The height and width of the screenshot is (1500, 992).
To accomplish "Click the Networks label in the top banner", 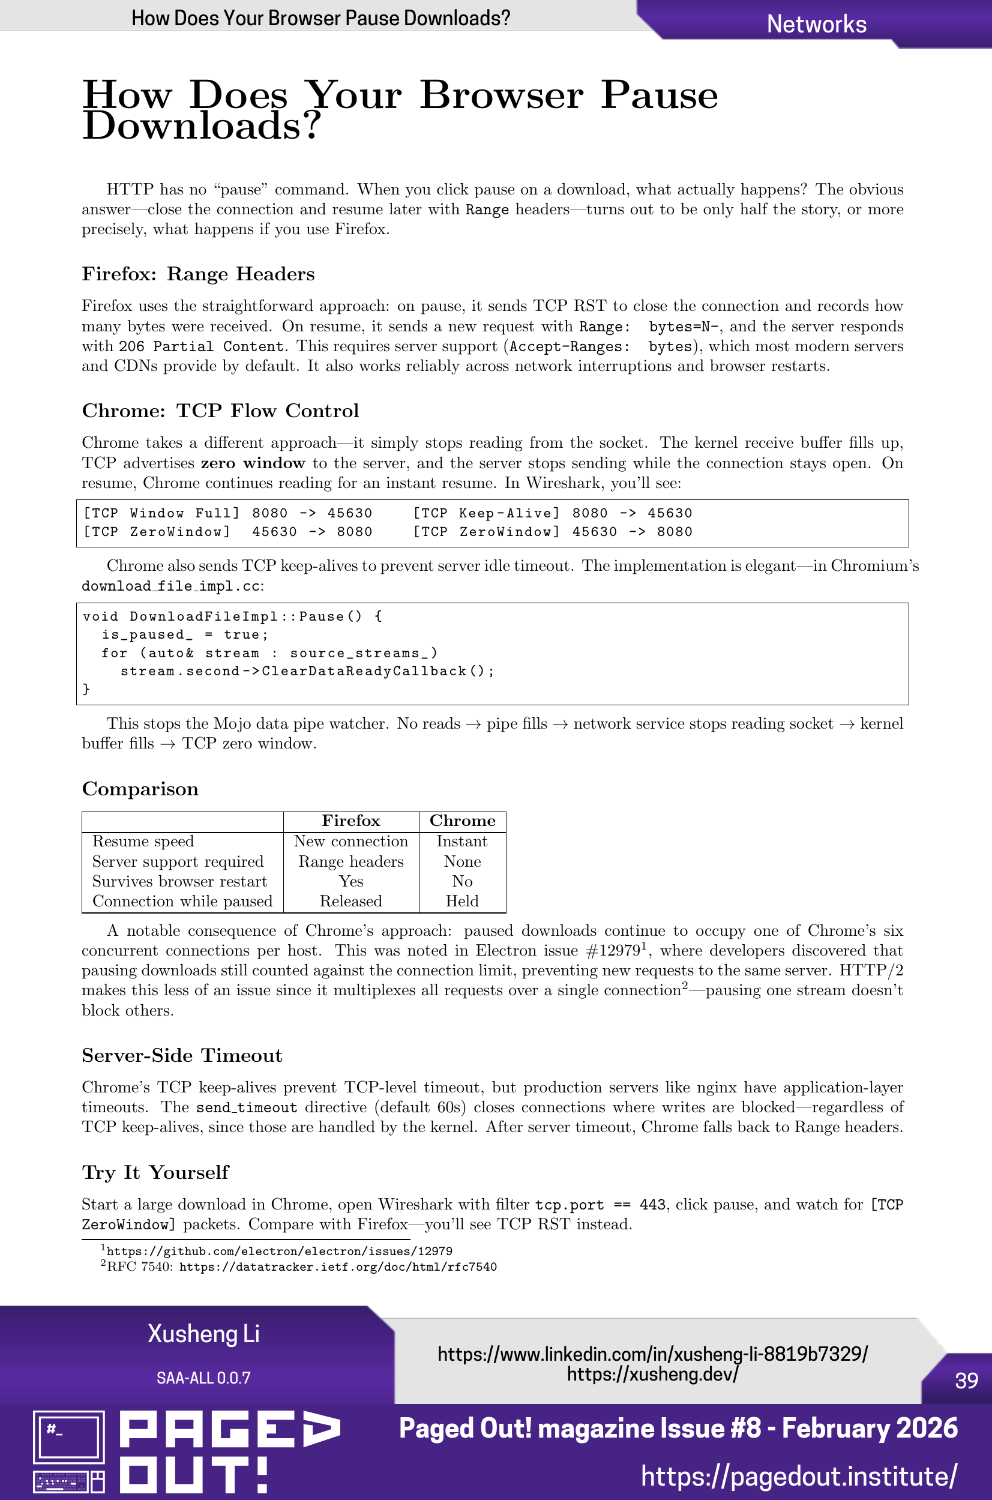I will tap(816, 24).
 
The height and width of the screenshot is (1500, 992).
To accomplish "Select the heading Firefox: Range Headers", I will tap(198, 274).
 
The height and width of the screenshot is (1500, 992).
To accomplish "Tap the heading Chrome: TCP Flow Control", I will tap(220, 411).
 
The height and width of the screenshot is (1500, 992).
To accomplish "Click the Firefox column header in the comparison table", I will tap(350, 821).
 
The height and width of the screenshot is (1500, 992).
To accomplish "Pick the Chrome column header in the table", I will tap(463, 821).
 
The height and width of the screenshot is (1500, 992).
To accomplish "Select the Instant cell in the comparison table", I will tap(462, 842).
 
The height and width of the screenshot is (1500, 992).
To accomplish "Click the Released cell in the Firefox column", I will tap(350, 901).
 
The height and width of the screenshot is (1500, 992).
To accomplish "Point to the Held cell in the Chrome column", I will tap(462, 901).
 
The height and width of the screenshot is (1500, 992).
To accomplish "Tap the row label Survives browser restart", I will tap(179, 881).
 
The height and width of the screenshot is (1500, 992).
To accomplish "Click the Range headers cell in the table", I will tap(350, 862).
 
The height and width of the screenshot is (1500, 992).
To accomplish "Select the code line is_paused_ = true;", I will tap(185, 634).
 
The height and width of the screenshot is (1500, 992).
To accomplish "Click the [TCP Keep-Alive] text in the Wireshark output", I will tap(486, 513).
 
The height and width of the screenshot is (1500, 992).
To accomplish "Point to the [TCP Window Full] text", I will tap(161, 513).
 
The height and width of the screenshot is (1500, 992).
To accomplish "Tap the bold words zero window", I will tap(253, 463).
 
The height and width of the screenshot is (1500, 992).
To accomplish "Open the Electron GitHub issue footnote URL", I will tap(279, 1252).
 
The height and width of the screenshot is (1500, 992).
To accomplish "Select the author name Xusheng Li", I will tap(203, 1334).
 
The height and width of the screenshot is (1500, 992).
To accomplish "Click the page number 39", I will tap(966, 1381).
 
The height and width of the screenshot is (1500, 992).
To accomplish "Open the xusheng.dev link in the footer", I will tap(652, 1374).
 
